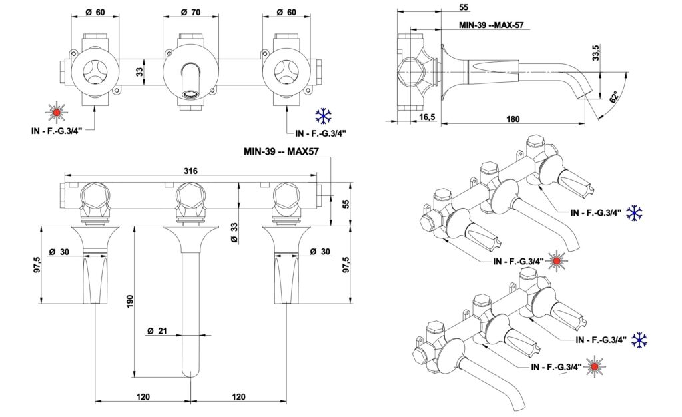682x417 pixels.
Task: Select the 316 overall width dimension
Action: (190, 171)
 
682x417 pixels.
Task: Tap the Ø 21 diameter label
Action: (158, 330)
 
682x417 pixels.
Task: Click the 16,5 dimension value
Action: (426, 117)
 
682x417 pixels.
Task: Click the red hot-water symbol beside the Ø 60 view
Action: (57, 113)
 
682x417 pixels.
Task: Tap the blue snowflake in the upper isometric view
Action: (635, 213)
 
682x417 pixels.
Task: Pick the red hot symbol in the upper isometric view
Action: (554, 262)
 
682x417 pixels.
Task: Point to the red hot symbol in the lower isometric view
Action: (592, 367)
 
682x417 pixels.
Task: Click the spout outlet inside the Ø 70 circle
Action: (190, 93)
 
